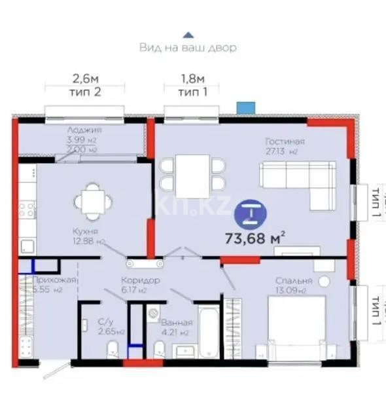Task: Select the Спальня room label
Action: [293, 281]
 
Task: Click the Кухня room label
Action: [86, 232]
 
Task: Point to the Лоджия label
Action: [84, 130]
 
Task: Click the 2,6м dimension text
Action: [89, 79]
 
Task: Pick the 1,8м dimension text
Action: [192, 79]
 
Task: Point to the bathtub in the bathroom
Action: [207, 333]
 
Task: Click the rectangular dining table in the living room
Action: [192, 175]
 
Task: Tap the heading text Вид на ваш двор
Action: [188, 48]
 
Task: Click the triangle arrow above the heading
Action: [188, 34]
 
